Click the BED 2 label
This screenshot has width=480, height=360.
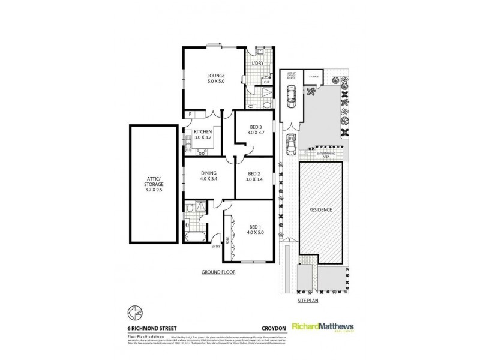(256, 176)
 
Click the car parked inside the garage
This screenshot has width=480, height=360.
(291, 94)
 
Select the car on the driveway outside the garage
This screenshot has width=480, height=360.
(291, 143)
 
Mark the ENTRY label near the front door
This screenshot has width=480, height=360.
(215, 244)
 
